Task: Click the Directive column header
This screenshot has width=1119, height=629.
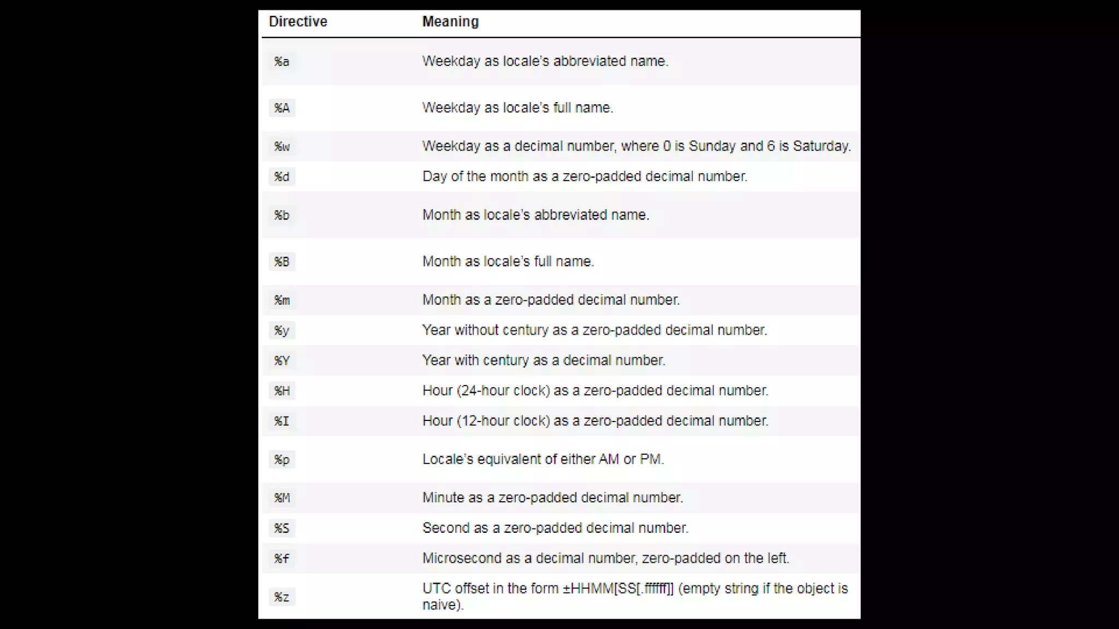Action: click(x=298, y=22)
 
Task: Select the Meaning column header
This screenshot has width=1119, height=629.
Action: click(x=450, y=22)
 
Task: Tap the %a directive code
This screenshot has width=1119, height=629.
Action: click(x=282, y=62)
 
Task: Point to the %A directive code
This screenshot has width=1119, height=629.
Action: click(x=282, y=108)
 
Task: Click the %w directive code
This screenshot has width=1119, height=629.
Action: click(x=282, y=147)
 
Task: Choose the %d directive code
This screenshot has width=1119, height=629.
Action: click(x=282, y=177)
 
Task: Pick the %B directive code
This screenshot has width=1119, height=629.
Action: click(x=282, y=262)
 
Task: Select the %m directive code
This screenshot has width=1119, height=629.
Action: click(x=282, y=300)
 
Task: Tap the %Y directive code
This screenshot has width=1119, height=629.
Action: click(x=282, y=361)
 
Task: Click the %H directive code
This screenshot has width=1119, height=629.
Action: click(x=282, y=391)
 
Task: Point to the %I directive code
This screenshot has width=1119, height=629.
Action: click(x=282, y=421)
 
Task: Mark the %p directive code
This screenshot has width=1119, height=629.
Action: click(x=282, y=460)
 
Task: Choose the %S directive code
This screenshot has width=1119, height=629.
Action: click(x=282, y=529)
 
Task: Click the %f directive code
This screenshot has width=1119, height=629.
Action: click(x=282, y=559)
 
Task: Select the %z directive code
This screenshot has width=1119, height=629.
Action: click(x=282, y=597)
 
